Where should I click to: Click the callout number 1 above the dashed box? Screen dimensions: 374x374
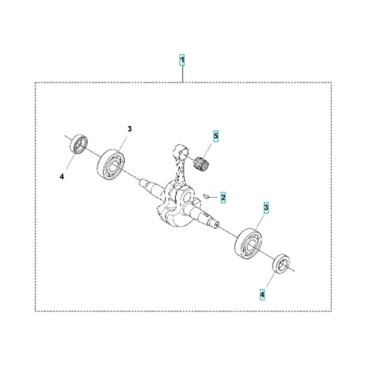(182, 60)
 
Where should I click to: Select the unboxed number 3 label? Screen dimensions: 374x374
(129, 129)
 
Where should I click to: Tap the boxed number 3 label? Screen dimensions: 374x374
(266, 208)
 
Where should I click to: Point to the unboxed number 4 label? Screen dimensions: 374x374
(62, 176)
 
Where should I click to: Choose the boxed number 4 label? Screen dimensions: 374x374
(262, 295)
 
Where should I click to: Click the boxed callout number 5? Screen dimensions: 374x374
(216, 136)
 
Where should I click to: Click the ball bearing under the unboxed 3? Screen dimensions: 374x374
(111, 164)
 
